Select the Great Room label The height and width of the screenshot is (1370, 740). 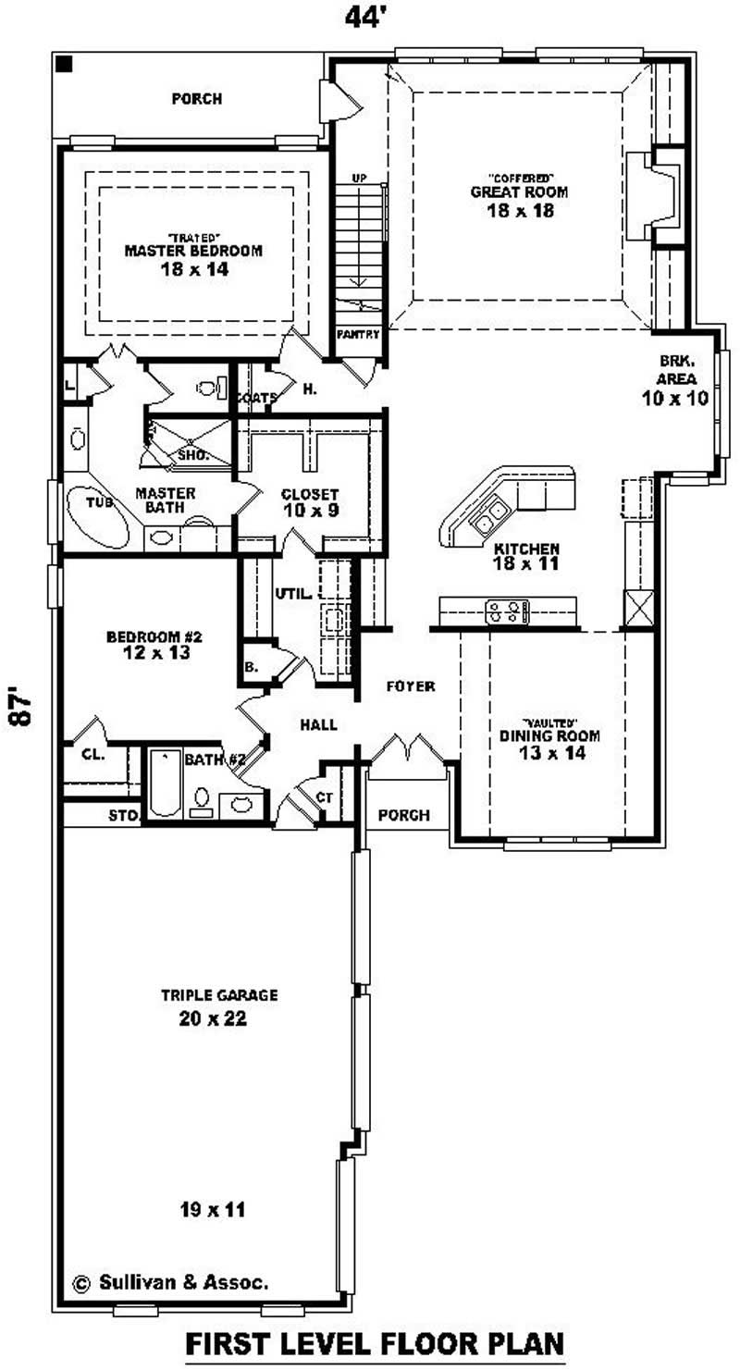click(519, 192)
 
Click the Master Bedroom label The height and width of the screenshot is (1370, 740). click(192, 251)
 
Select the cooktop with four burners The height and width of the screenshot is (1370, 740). click(508, 611)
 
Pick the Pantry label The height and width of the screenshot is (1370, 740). click(357, 334)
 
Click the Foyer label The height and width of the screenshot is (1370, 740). click(411, 686)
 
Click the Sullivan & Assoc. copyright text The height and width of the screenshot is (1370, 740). click(171, 1282)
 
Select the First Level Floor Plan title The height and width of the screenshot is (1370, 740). click(375, 1342)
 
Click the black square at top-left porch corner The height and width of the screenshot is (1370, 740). click(64, 64)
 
